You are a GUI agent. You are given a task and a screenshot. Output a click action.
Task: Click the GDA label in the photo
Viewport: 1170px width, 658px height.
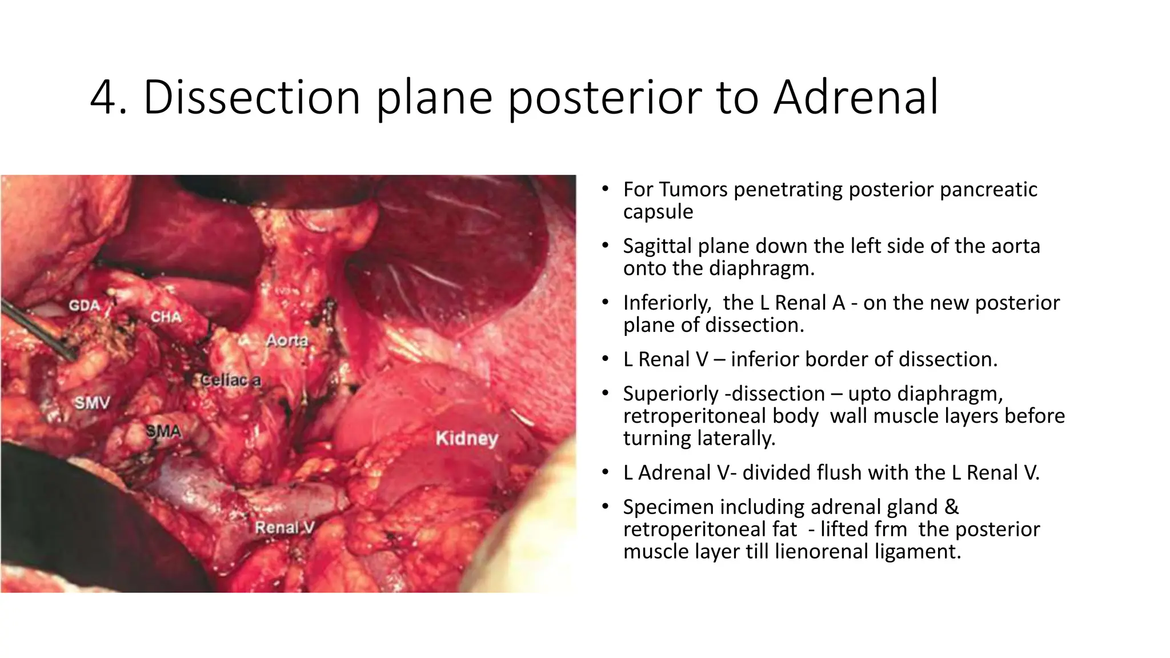84,306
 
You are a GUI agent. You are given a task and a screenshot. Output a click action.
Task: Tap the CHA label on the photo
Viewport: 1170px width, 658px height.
166,317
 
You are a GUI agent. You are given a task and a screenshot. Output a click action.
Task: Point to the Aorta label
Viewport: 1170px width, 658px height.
287,341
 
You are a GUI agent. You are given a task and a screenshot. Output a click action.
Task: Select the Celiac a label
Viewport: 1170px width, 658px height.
231,380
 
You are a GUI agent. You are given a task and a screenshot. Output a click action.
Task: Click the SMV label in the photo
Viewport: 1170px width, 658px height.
92,403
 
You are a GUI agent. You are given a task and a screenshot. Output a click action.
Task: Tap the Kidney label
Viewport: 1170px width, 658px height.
467,439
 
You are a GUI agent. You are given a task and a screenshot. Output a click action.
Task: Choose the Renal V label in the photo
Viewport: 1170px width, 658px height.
285,528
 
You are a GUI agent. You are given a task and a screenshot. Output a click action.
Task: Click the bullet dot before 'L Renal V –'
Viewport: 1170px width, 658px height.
605,359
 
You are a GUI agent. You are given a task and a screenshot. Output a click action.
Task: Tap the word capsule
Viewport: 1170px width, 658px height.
658,212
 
